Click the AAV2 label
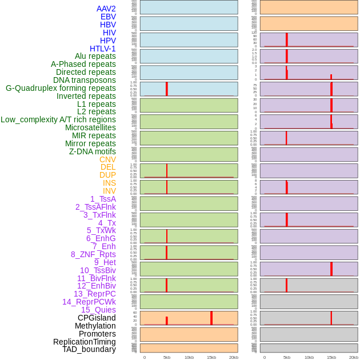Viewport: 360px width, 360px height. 106,9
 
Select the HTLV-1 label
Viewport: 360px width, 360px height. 102,49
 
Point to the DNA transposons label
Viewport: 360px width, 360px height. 84,80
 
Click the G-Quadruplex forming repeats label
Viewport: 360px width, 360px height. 61,88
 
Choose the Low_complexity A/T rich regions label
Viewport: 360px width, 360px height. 58,119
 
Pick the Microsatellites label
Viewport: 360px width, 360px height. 90,127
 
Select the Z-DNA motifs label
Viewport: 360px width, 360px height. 92,151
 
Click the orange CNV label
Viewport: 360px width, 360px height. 107,159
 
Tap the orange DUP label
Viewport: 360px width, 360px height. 107,175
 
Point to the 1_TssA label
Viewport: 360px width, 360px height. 103,199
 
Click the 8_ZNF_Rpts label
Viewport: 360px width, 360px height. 93,254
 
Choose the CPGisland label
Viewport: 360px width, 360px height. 97,318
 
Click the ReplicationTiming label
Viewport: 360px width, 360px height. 84,342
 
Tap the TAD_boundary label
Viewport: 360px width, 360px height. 89,349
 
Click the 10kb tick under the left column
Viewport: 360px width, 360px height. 189,357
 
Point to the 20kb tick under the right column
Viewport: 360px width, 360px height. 354,357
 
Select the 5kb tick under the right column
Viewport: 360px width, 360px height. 287,357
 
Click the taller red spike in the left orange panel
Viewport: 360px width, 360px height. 211,318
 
